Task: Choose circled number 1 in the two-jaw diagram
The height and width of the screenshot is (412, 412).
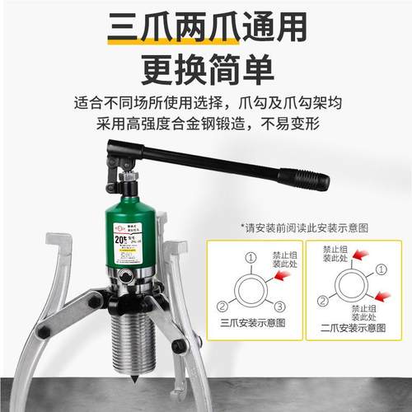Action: point(379,269)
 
